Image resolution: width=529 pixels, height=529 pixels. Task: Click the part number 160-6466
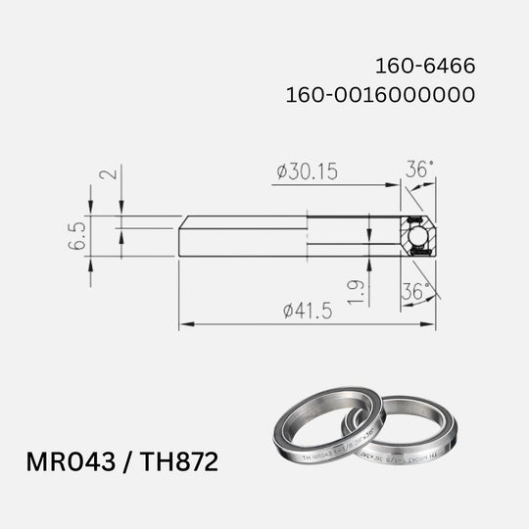click(426, 68)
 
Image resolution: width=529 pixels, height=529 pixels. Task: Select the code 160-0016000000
click(380, 96)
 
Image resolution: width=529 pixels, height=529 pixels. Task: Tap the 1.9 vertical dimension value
click(357, 290)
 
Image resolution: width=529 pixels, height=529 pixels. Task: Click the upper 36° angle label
click(419, 169)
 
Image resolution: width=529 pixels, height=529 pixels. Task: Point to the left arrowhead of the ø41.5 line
click(184, 323)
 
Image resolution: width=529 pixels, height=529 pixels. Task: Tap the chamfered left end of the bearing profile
click(182, 236)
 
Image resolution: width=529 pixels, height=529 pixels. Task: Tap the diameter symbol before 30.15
click(282, 172)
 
